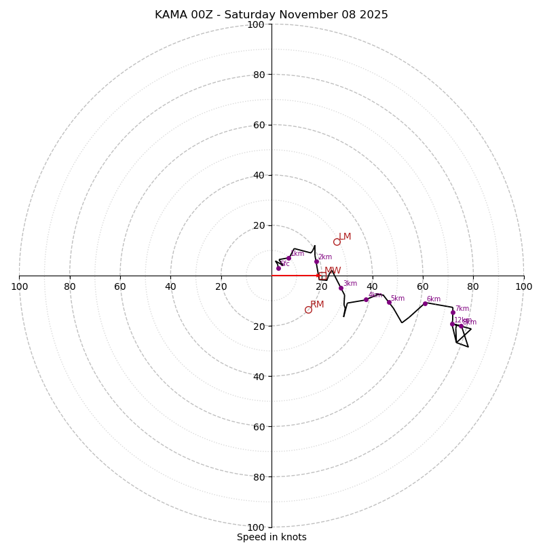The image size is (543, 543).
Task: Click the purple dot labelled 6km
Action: click(x=425, y=303)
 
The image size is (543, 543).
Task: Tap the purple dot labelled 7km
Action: click(x=453, y=312)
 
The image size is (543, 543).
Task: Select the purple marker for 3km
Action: click(x=341, y=288)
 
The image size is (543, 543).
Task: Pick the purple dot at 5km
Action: click(x=389, y=302)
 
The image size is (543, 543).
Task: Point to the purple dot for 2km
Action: click(x=316, y=261)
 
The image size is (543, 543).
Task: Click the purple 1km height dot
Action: click(x=288, y=258)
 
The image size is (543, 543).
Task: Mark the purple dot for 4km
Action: click(x=366, y=299)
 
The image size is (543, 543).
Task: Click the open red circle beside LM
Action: click(x=337, y=242)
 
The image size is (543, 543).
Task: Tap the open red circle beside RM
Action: click(x=308, y=310)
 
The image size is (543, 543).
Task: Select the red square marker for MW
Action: click(x=322, y=276)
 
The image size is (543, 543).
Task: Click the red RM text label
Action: click(x=317, y=305)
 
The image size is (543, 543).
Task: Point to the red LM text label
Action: click(x=345, y=237)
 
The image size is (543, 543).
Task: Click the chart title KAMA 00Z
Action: click(x=271, y=15)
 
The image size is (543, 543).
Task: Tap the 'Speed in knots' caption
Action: click(x=271, y=537)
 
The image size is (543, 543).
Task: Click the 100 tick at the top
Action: click(x=256, y=24)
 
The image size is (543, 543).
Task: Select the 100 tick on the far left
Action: click(x=19, y=286)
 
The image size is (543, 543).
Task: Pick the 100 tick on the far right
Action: click(x=523, y=286)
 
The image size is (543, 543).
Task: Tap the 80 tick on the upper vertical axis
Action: click(x=259, y=75)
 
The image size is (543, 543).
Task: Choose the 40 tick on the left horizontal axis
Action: click(x=170, y=286)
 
